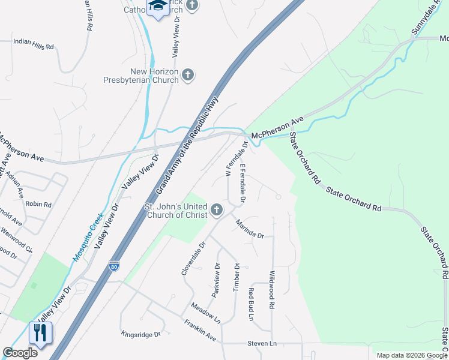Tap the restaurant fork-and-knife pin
40,333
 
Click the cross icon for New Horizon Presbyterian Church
188,74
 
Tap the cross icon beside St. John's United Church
216,210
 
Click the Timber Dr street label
237,277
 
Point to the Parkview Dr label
216,279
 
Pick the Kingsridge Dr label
141,334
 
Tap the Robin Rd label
38,205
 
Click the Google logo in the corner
20,353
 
